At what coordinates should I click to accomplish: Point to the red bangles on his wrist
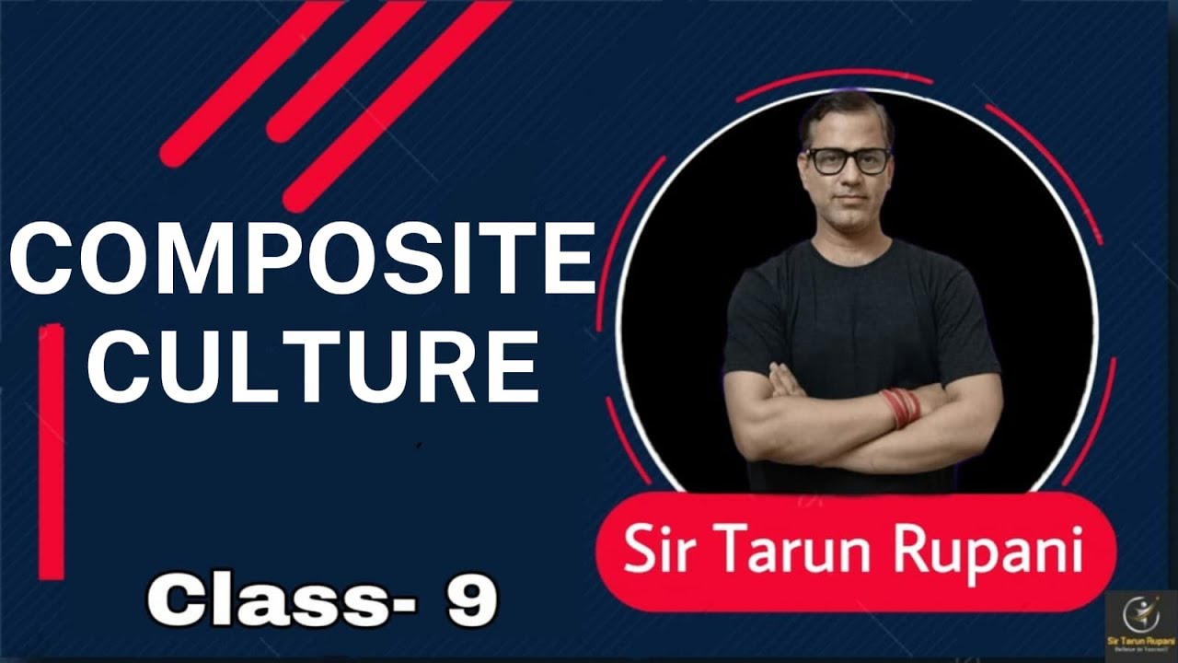coord(899,408)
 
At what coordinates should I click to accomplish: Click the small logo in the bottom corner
coord(1141,626)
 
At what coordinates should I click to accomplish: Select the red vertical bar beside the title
coord(52,451)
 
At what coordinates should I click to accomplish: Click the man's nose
coord(848,180)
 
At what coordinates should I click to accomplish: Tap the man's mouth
coord(848,204)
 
